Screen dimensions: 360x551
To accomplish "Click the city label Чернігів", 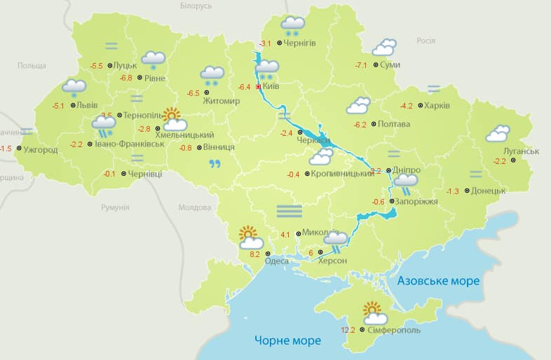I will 300,43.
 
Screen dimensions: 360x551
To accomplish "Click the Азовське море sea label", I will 438,281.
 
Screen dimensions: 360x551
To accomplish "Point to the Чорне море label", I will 287,341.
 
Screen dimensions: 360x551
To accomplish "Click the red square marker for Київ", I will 259,87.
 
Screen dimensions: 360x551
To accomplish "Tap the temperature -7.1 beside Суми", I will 361,65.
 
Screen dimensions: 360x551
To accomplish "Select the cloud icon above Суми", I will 383,48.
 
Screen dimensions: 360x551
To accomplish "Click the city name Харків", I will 437,106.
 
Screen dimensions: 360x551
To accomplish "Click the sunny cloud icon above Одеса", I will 250,238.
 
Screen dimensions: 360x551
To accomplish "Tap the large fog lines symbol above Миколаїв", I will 289,211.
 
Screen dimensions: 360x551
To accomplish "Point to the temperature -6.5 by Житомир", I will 193,93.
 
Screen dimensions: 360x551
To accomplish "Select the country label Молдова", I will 194,208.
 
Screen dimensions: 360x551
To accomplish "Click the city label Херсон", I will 332,261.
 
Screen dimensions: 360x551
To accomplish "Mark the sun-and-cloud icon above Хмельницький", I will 173,119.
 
